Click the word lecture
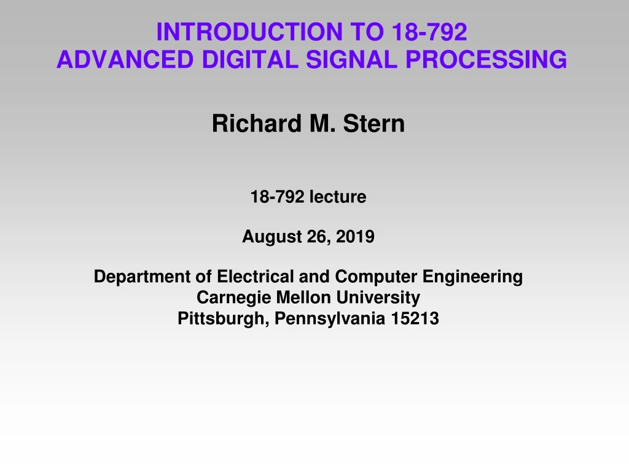[x=337, y=197]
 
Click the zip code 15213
[x=418, y=318]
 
